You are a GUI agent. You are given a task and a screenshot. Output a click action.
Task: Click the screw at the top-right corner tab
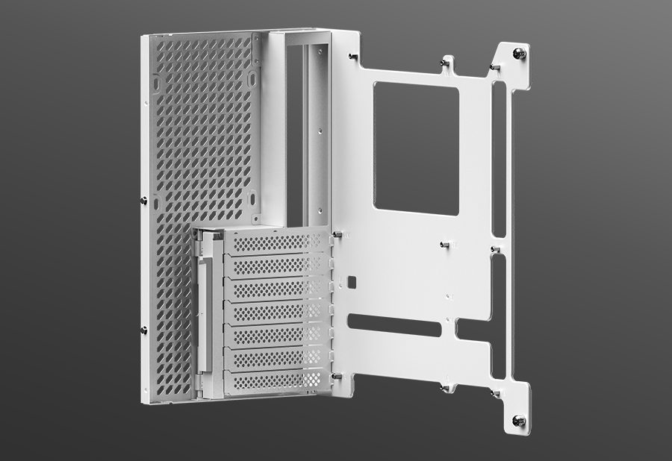(520, 53)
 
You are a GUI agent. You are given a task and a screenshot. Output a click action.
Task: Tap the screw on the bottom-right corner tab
(519, 421)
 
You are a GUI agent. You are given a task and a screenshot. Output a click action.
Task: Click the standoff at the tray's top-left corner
(352, 57)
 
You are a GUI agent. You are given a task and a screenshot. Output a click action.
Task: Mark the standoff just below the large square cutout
(444, 245)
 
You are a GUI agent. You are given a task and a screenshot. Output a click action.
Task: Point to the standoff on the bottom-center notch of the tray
(445, 386)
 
